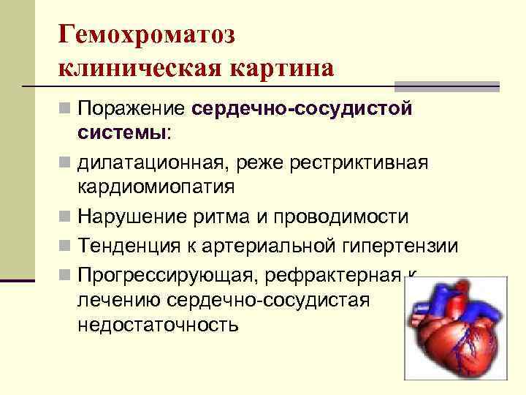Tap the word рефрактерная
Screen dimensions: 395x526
point(329,276)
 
